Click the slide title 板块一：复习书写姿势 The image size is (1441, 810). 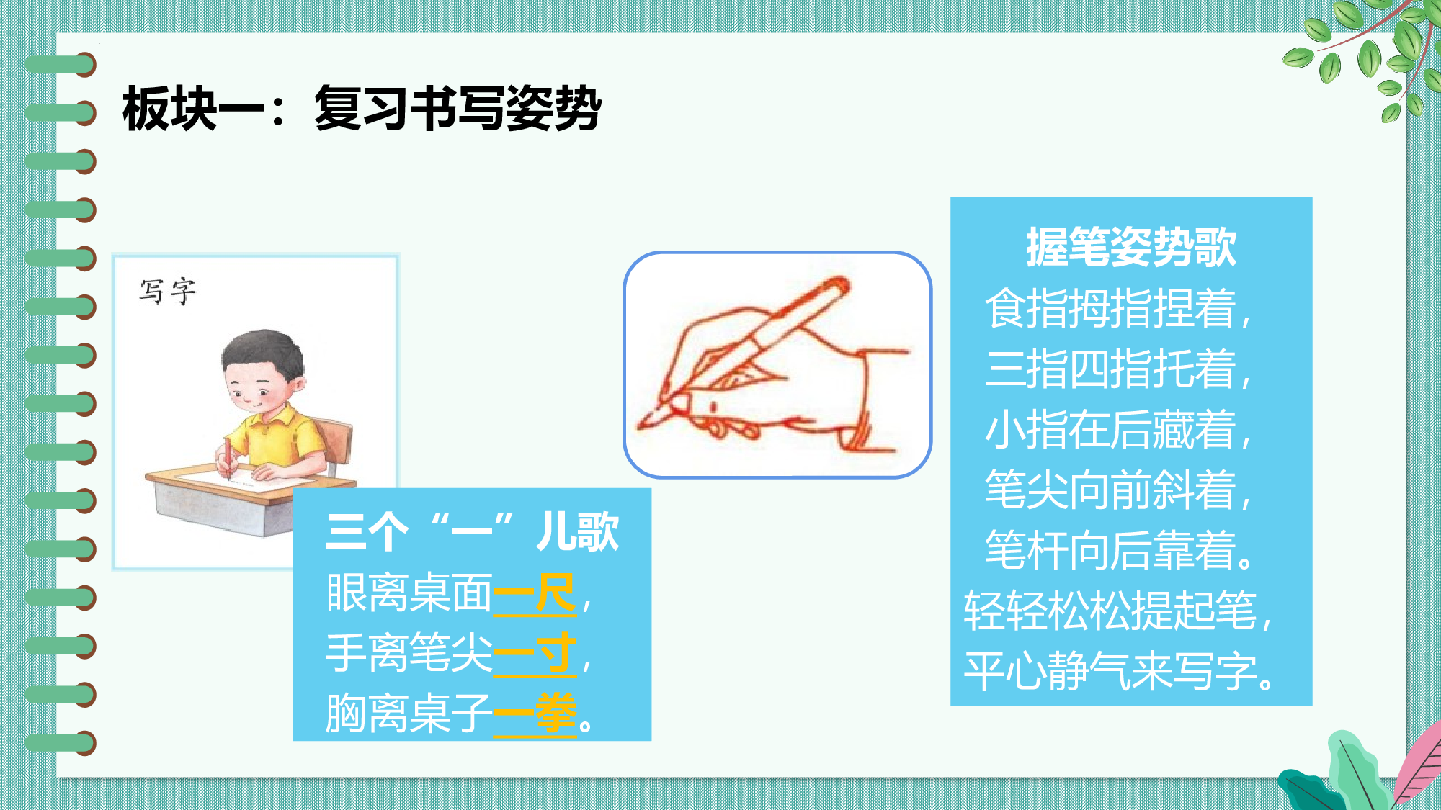click(x=362, y=109)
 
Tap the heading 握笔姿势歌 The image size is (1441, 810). click(x=1131, y=247)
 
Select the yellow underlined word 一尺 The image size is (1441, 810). click(x=535, y=594)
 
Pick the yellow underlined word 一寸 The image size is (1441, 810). click(x=535, y=654)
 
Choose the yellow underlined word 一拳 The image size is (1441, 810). click(x=535, y=714)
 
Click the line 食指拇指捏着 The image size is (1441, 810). click(x=1117, y=308)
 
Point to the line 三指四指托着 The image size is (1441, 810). click(x=1117, y=369)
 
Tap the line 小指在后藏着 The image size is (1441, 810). click(x=1117, y=429)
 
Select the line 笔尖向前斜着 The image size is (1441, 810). click(x=1117, y=490)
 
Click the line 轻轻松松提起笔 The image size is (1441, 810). click(x=1117, y=611)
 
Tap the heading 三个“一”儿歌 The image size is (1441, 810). click(x=472, y=532)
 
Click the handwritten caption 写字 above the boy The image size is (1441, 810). click(x=167, y=292)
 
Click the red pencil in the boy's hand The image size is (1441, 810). click(x=228, y=458)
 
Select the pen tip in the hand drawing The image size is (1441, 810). click(x=643, y=423)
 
